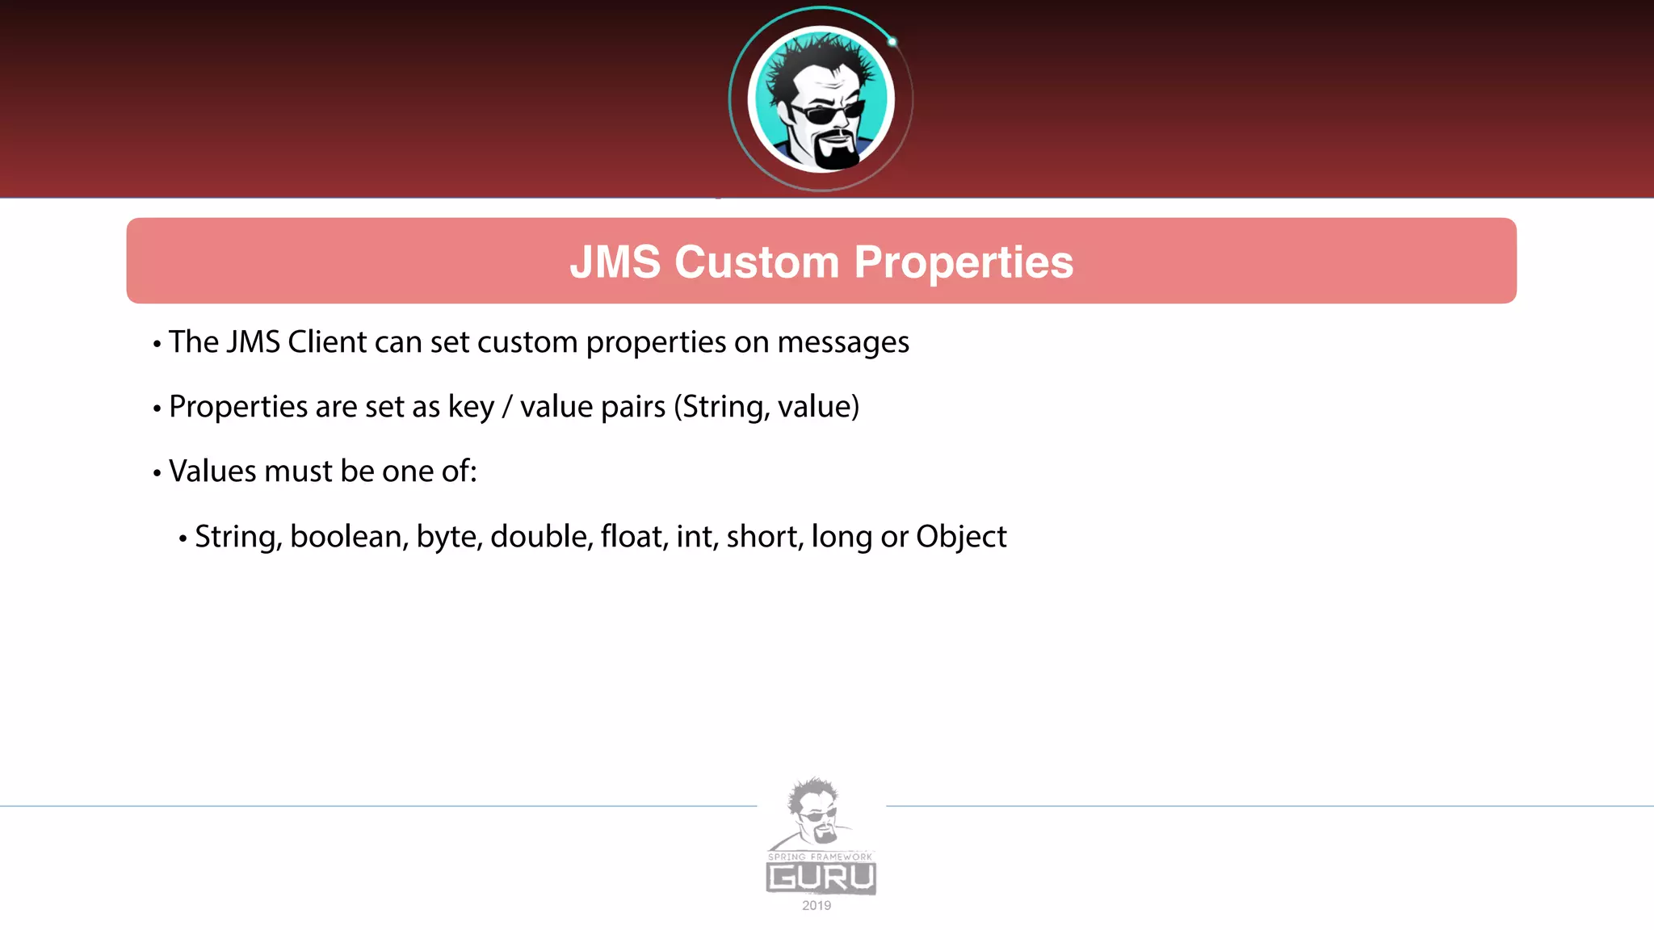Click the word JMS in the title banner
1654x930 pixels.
[615, 262]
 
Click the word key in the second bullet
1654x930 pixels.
[471, 408]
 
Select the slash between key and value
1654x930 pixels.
[507, 408]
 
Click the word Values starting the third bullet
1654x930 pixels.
[212, 471]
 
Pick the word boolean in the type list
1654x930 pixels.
[349, 537]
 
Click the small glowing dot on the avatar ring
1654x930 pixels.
[892, 42]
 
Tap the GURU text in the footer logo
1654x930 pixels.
[821, 878]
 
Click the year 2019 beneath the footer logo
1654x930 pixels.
[817, 906]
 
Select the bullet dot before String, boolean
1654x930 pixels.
[183, 538]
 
